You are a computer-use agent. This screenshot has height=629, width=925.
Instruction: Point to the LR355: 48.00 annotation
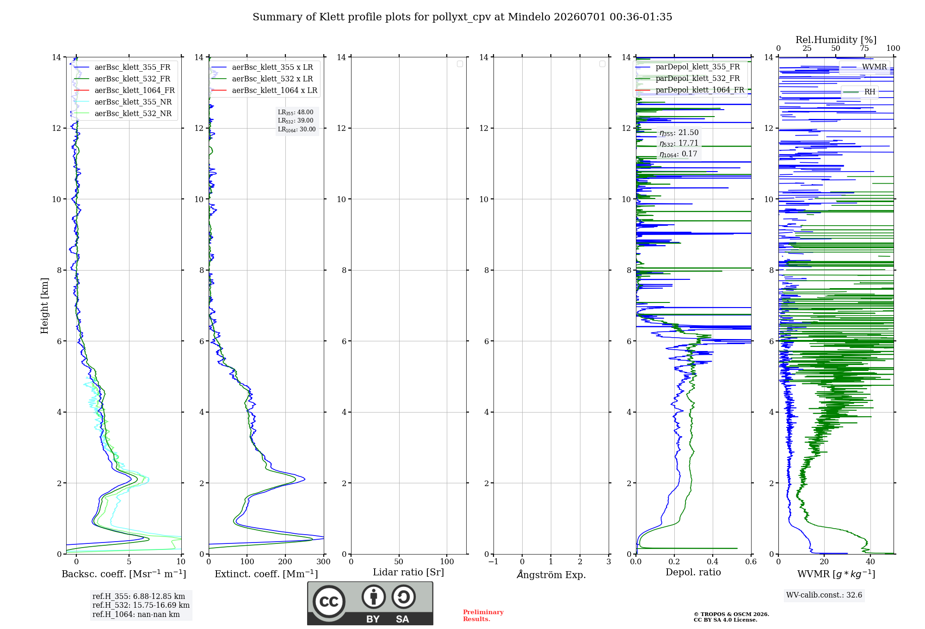(x=296, y=112)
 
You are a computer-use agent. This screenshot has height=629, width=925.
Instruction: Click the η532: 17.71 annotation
(x=679, y=143)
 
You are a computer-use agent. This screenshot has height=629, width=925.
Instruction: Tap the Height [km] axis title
(x=44, y=306)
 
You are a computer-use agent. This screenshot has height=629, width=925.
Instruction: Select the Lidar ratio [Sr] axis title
(x=408, y=572)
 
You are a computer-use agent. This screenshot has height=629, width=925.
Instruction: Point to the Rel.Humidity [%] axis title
(x=836, y=40)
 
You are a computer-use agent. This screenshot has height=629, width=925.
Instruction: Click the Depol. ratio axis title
(x=693, y=572)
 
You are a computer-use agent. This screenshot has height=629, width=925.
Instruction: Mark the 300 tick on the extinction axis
(x=324, y=561)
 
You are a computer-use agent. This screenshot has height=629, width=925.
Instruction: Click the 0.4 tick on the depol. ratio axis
(x=713, y=561)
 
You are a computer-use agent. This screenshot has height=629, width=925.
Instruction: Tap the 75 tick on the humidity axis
(x=864, y=48)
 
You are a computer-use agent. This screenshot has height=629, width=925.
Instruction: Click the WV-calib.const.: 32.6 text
(x=824, y=595)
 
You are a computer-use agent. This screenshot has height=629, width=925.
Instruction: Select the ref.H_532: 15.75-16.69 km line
(x=141, y=605)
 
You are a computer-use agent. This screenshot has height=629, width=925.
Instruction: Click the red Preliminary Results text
(x=483, y=616)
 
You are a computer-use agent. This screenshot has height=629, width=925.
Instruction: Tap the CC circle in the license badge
(x=329, y=601)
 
